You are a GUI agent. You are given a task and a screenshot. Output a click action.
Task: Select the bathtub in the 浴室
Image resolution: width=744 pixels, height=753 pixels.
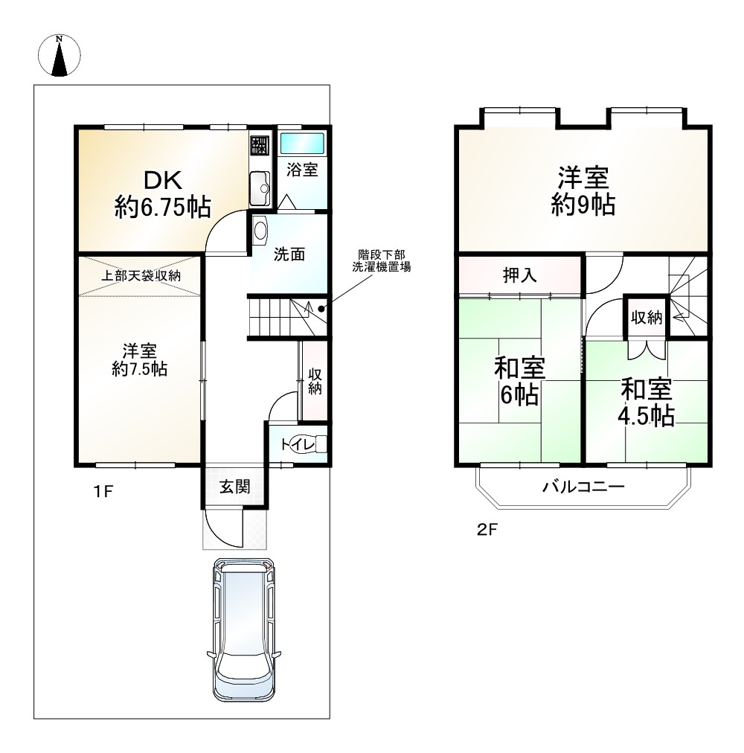[302, 143]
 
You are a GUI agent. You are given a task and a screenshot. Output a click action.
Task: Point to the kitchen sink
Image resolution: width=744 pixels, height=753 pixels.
[260, 188]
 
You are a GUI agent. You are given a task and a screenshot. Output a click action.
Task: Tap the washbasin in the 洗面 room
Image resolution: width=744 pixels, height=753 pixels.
[260, 229]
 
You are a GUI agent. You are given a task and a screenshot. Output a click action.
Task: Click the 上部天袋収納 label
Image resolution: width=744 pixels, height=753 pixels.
[141, 275]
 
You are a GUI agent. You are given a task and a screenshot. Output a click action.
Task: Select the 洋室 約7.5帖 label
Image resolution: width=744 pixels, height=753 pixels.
[139, 359]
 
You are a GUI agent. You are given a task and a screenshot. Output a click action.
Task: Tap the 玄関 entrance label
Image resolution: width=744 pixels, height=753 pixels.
[235, 487]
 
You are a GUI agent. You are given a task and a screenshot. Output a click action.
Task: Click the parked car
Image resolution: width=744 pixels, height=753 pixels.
[244, 630]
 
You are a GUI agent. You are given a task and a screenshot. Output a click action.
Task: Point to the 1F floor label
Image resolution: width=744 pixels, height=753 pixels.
[103, 491]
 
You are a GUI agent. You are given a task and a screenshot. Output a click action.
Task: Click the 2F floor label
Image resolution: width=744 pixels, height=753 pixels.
[487, 530]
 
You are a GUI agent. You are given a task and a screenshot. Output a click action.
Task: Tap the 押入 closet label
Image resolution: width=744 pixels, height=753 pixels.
[520, 275]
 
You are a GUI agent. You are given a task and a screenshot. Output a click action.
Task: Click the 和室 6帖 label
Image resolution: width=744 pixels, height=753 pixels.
[520, 381]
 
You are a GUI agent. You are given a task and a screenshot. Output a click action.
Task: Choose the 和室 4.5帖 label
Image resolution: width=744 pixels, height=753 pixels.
[646, 403]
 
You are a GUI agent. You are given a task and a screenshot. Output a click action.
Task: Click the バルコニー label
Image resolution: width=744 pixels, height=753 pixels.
[583, 487]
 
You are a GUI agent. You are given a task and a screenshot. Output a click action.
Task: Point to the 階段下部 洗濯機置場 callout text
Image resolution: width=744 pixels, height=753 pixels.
[382, 260]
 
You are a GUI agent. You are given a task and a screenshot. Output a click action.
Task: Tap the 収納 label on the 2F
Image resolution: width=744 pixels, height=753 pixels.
[647, 318]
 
